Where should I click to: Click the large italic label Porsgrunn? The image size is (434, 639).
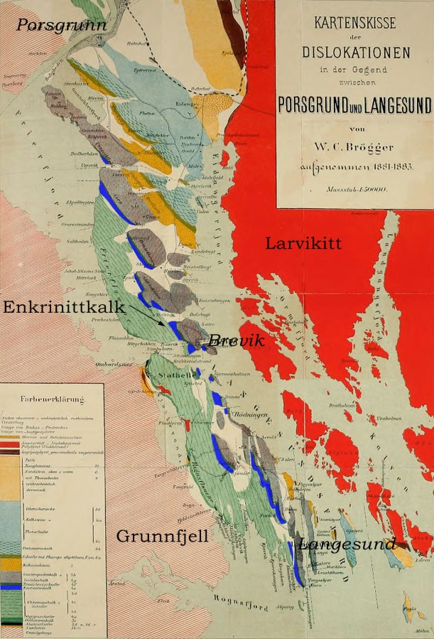point(62,26)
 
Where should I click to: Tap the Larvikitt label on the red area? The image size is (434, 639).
point(303,243)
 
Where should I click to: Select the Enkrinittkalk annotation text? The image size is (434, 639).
point(64,307)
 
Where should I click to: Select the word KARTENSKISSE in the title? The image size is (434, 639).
point(354,23)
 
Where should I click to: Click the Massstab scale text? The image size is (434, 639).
point(355,190)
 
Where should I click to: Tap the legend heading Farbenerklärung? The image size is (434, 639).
point(53,399)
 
